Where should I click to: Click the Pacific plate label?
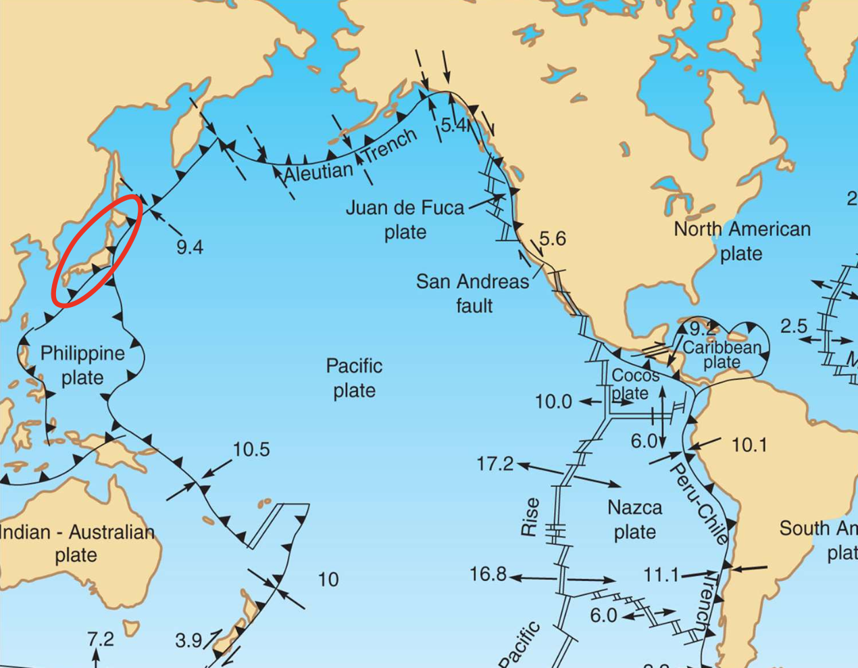[x=354, y=378]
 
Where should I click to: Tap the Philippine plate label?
[x=82, y=365]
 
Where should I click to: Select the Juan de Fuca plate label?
[x=405, y=219]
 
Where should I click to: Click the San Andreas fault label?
[x=473, y=293]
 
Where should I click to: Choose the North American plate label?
[x=742, y=241]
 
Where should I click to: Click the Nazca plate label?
[x=634, y=519]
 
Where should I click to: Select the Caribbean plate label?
[x=722, y=354]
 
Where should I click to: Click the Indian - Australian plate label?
[x=76, y=544]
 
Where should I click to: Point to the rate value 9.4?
[x=190, y=247]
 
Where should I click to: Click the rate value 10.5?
[x=251, y=450]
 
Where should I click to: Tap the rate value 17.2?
[x=495, y=464]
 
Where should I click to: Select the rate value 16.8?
[x=488, y=575]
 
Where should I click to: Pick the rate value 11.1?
[x=661, y=575]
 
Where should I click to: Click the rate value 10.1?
[x=749, y=445]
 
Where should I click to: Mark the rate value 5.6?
[x=552, y=239]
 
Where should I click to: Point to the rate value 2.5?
[x=794, y=327]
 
